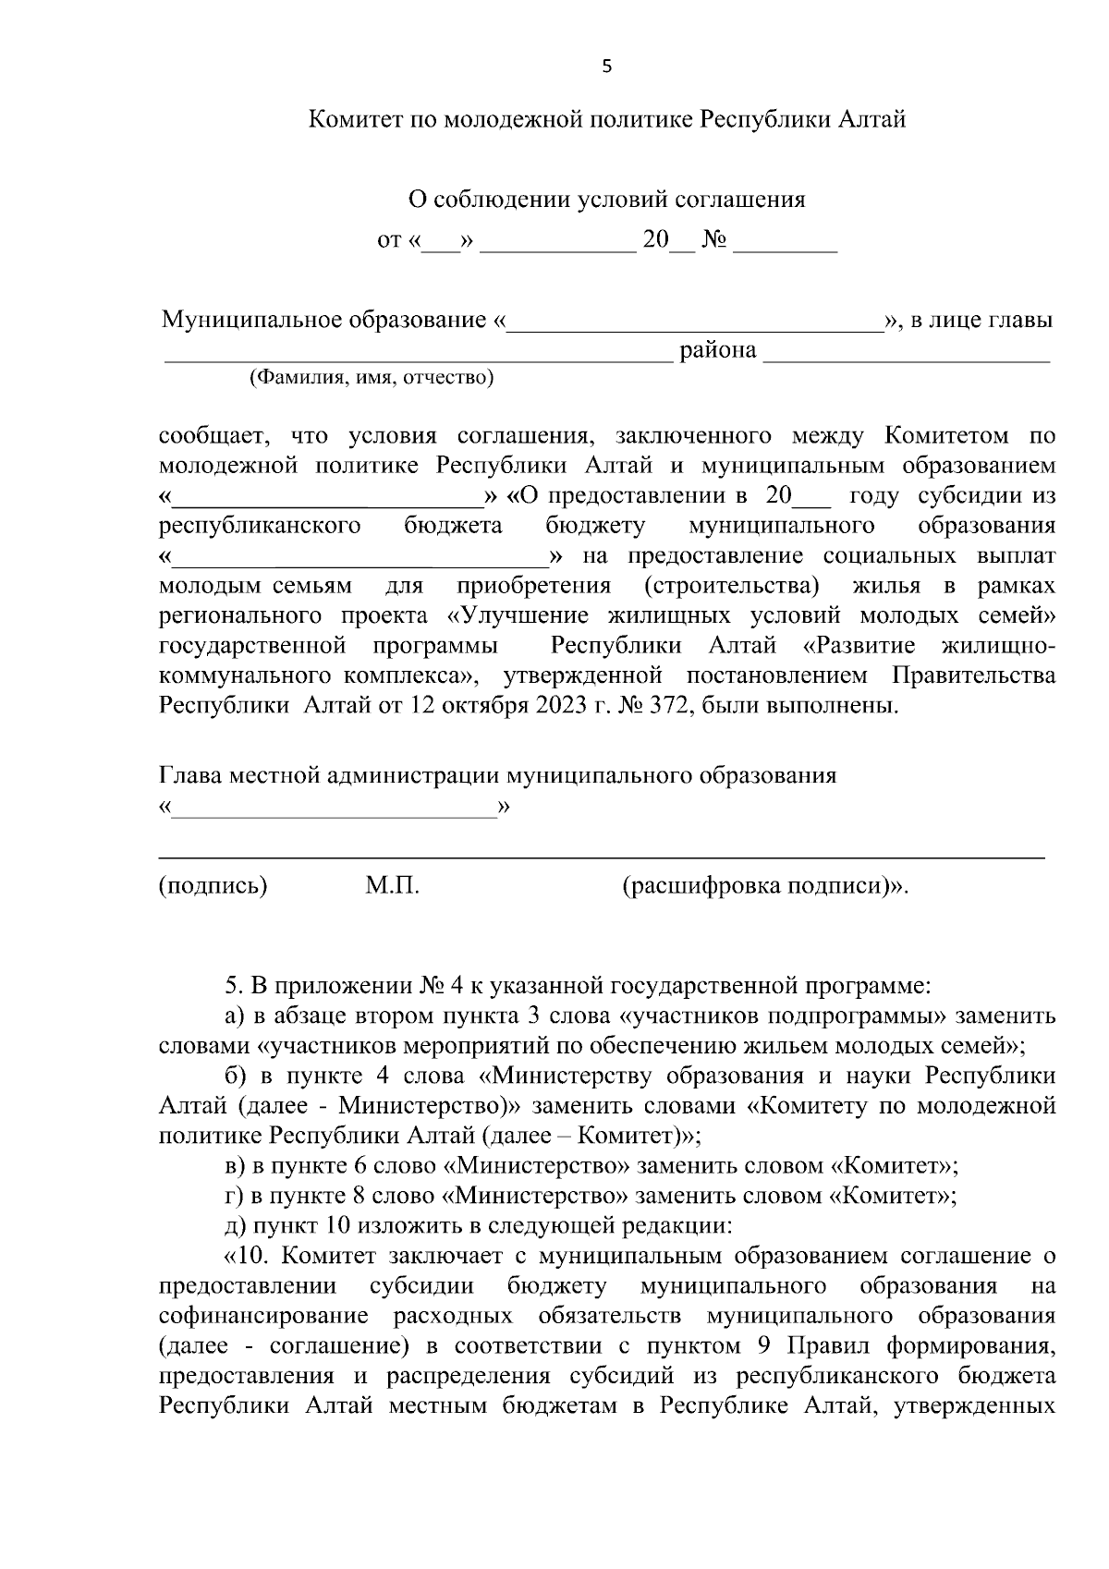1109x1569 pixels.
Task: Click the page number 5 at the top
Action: [x=606, y=66]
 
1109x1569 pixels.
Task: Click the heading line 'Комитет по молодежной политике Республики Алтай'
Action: [x=606, y=119]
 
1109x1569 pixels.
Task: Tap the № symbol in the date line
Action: [x=714, y=240]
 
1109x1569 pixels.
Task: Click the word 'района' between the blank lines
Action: [x=718, y=350]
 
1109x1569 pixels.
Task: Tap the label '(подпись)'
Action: [x=213, y=885]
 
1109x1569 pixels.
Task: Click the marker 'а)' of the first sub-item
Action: [x=236, y=1016]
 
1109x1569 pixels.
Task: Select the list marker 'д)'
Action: [x=236, y=1226]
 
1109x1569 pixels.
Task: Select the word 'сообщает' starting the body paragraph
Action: [x=213, y=435]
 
